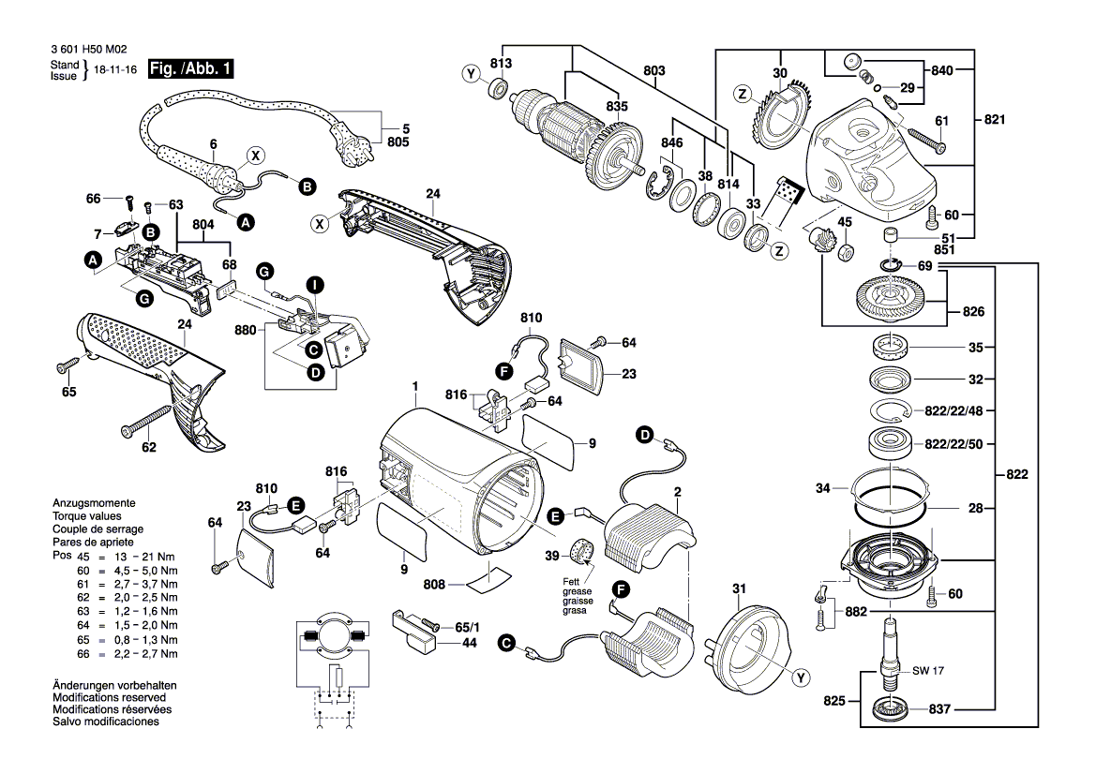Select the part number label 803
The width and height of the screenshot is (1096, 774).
[x=654, y=71]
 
